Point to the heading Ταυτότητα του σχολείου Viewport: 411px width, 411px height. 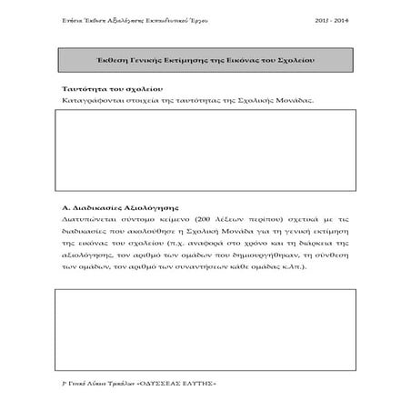[107, 89]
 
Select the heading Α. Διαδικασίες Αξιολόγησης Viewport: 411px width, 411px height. [115, 208]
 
